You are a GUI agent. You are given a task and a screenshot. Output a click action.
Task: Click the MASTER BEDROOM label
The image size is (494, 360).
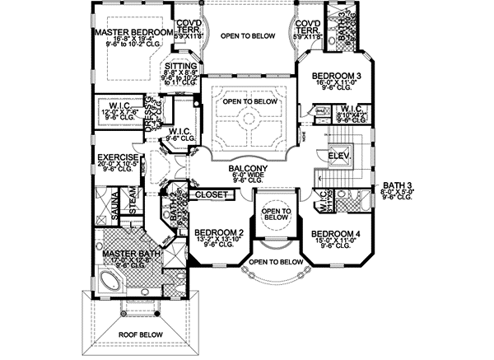133,32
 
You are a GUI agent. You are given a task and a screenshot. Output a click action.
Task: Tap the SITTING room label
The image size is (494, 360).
180,66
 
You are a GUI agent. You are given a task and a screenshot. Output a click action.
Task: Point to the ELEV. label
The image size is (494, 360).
338,156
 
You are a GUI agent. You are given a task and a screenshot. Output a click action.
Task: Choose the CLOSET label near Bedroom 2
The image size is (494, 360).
210,195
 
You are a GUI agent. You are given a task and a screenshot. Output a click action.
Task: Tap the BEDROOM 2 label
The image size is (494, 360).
218,233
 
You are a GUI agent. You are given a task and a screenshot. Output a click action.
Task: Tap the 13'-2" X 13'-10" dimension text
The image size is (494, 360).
218,241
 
